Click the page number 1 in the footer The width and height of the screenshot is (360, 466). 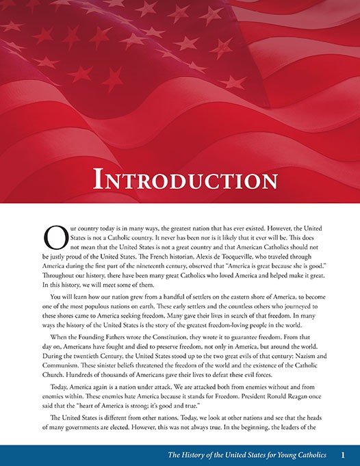343,454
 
